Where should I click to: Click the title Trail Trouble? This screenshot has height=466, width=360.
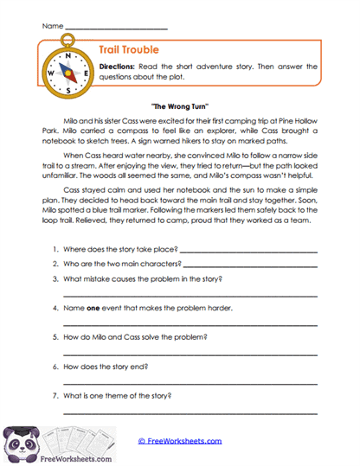(128, 52)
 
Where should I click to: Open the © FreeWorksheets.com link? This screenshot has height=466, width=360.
(180, 441)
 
